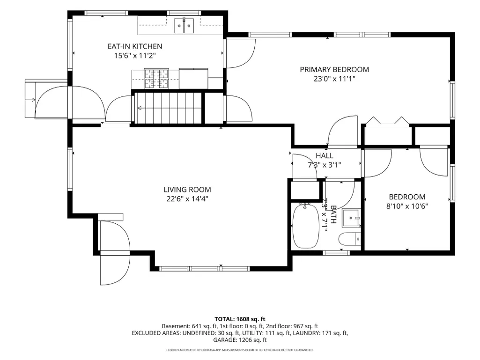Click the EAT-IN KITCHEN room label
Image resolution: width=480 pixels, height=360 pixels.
(x=135, y=46)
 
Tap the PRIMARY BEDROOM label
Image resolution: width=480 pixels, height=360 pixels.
(x=334, y=69)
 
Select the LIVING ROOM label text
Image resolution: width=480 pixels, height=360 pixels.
(x=187, y=190)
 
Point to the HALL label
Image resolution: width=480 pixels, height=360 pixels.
(x=325, y=155)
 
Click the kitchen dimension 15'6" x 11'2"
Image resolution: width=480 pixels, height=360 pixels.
(x=135, y=56)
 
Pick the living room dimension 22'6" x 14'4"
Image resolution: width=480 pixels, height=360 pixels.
(x=187, y=198)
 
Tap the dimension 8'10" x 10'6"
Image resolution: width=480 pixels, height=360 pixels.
(x=407, y=206)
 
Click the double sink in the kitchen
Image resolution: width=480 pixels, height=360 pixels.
(x=184, y=26)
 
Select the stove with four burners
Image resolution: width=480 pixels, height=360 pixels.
(x=156, y=78)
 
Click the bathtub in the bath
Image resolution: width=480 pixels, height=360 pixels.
(x=306, y=227)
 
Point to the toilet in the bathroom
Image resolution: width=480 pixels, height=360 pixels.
(x=350, y=239)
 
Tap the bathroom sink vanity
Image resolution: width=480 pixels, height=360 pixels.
(x=351, y=218)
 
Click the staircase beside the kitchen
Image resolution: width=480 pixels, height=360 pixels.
(x=168, y=108)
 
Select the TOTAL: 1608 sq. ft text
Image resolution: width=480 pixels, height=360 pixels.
(x=240, y=319)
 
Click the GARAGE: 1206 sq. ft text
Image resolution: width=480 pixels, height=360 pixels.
(x=240, y=340)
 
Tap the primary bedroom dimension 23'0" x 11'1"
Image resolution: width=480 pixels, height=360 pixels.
(x=334, y=79)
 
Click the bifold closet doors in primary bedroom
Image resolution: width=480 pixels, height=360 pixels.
(x=388, y=120)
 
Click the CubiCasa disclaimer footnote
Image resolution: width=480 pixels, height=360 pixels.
(x=240, y=350)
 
